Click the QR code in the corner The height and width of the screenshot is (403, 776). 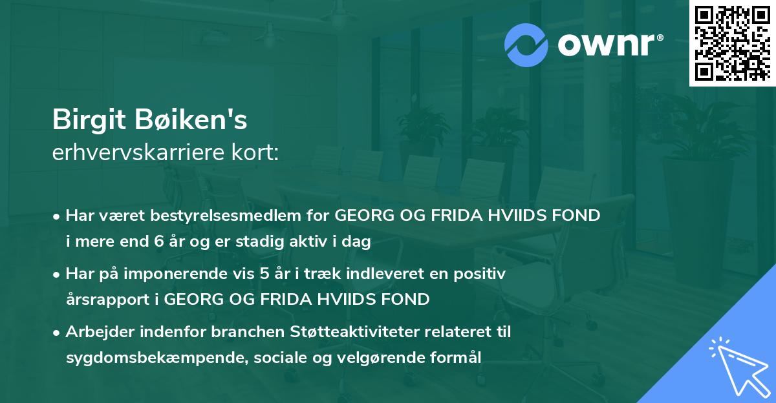pos(732,43)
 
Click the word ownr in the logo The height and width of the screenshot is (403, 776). pos(605,44)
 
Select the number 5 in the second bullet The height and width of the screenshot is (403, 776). pos(264,273)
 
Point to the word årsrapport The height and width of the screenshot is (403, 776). pos(112,300)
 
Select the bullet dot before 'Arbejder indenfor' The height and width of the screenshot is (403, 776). pos(58,333)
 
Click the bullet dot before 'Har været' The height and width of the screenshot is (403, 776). pos(58,216)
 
